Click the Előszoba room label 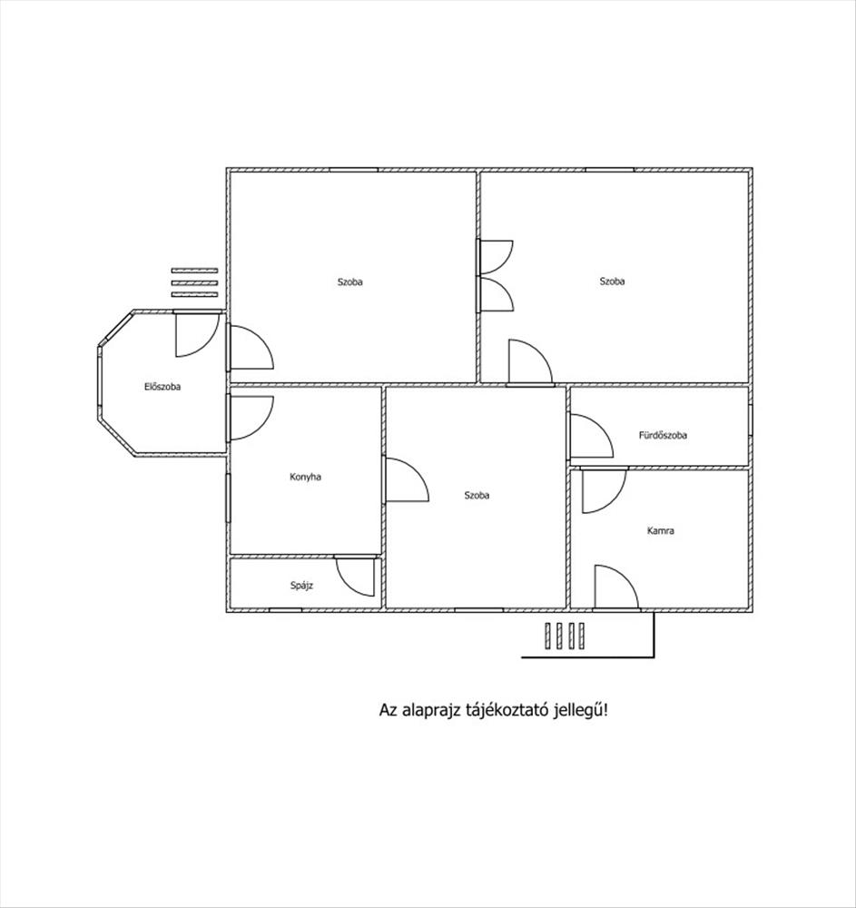click(162, 387)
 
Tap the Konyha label click(305, 478)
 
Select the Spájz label click(301, 586)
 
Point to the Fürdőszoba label click(663, 435)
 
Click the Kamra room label click(660, 530)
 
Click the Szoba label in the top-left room click(350, 282)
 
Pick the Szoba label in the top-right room click(612, 281)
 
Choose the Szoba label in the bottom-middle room click(477, 495)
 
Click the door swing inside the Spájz click(355, 577)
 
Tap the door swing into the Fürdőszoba click(591, 436)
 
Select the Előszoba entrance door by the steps click(197, 334)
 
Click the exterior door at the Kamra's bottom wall click(616, 587)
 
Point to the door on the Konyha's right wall click(406, 479)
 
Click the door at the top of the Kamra click(604, 490)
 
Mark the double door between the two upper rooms click(495, 276)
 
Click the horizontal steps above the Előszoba click(194, 282)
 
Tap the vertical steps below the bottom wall click(565, 636)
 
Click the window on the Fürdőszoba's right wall click(750, 419)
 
